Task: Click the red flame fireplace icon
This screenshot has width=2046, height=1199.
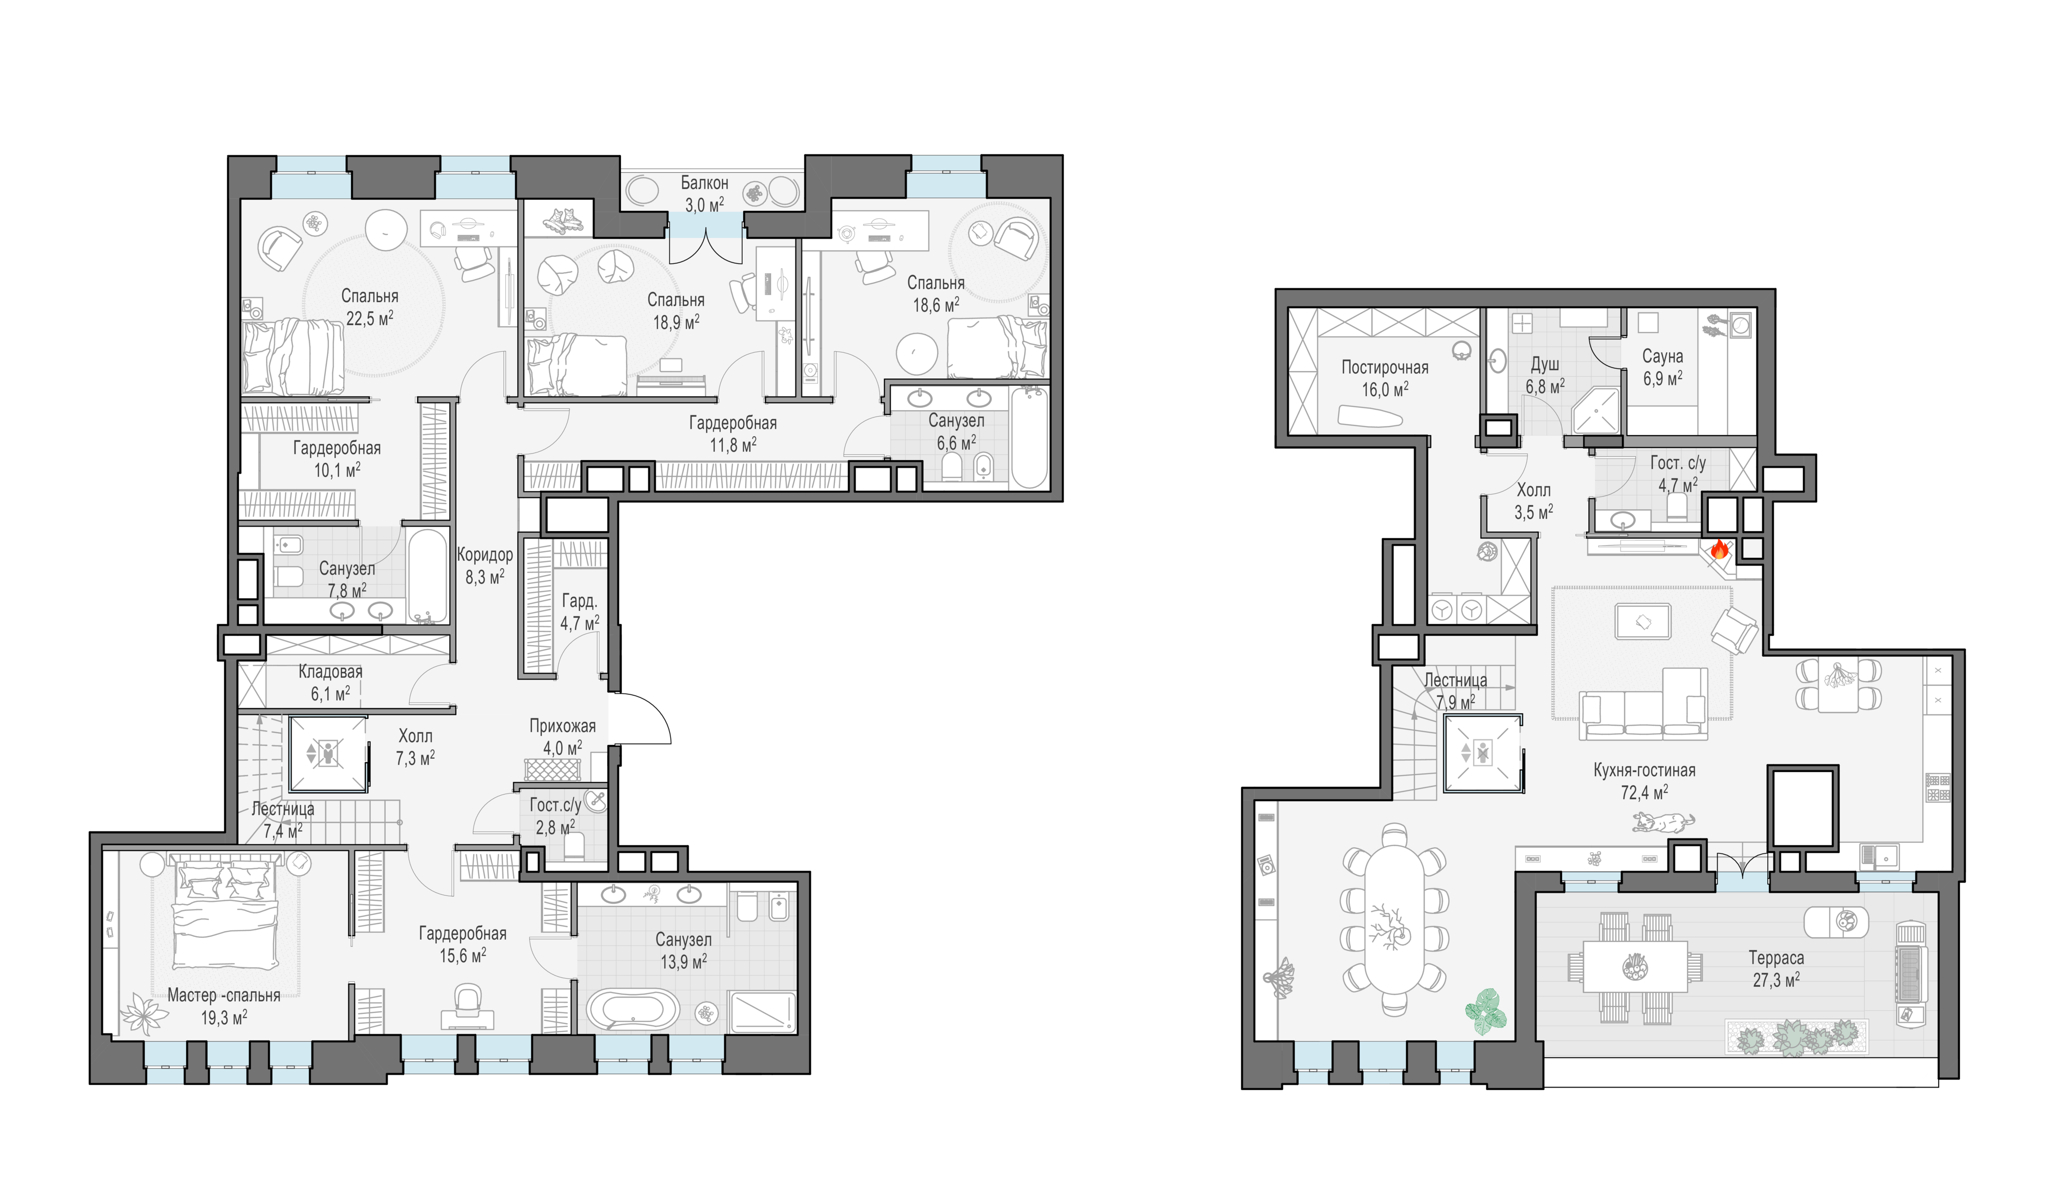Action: (1719, 550)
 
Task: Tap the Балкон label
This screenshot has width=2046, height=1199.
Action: (704, 184)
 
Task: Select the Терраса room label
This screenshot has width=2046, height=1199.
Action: (1775, 958)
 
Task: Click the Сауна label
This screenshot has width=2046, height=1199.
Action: (1662, 356)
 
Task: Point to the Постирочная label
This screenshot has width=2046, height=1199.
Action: (1384, 368)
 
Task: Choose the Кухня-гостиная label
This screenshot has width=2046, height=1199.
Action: (1644, 771)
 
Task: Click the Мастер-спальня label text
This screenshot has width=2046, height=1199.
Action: (224, 995)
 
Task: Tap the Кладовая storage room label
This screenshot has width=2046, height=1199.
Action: (330, 672)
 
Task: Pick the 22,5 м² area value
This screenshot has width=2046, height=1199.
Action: (370, 318)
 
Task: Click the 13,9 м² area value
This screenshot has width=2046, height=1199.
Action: (684, 961)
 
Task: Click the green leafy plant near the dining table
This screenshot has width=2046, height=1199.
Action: (1486, 1011)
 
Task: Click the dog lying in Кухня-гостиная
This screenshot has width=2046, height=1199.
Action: (1663, 823)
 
